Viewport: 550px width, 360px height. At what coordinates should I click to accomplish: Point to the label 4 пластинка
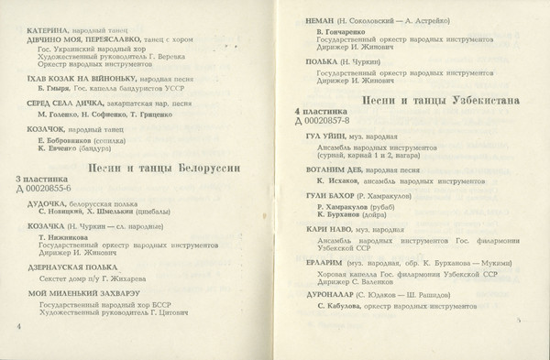point(321,111)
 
